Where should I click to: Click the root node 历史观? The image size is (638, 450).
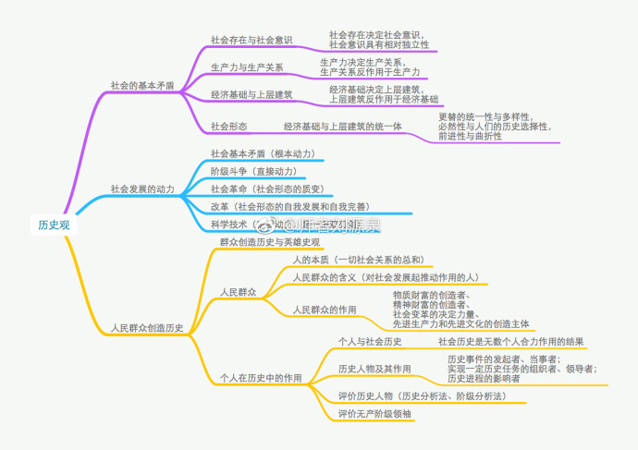point(54,225)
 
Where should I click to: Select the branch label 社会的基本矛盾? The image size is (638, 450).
point(141,84)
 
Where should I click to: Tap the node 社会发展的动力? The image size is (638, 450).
point(141,189)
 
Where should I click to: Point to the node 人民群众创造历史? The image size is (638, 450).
point(146,327)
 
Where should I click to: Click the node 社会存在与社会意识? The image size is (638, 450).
point(252,40)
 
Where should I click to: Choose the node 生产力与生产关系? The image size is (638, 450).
point(247,67)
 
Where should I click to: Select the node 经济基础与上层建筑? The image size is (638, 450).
point(252,94)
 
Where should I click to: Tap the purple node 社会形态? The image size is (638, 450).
point(228,126)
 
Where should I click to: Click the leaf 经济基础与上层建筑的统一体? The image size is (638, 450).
point(343,126)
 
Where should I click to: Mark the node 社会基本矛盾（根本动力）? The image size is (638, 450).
point(263,152)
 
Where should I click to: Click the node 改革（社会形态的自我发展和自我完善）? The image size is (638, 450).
point(289,206)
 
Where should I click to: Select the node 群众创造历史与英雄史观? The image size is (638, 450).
point(270,242)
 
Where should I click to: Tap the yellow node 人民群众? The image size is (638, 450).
point(238,292)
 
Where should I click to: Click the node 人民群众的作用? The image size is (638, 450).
point(325,309)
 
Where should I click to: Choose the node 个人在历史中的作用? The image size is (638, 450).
point(261,378)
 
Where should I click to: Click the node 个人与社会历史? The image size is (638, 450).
point(370,342)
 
